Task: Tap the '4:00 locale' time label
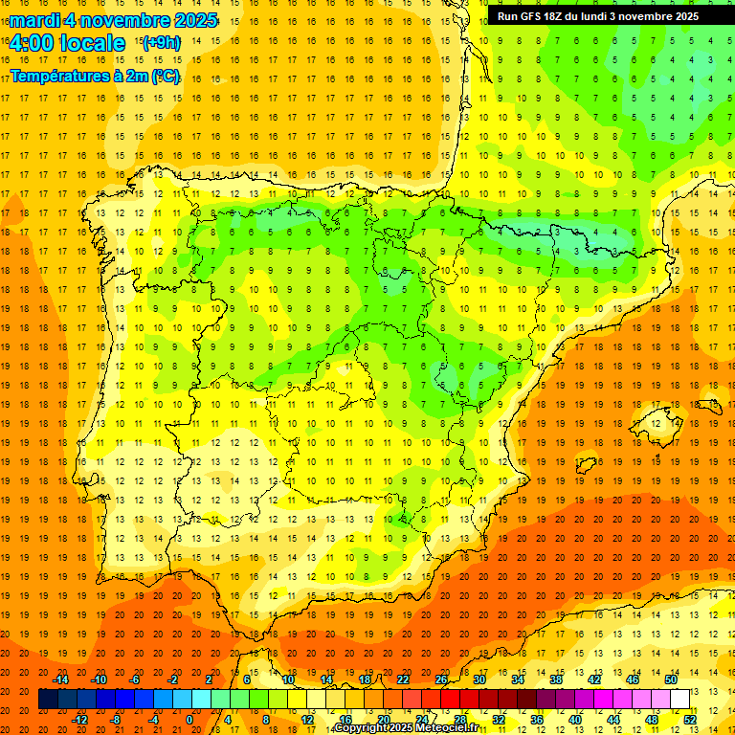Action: [67, 43]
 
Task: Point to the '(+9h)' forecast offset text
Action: [160, 42]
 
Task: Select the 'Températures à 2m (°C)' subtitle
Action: [95, 76]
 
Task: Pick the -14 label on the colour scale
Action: [61, 679]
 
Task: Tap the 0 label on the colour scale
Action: [189, 720]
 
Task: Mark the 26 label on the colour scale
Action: [441, 679]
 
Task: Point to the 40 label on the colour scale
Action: [575, 720]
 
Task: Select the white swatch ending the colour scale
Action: [680, 700]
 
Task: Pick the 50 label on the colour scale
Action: [670, 679]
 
